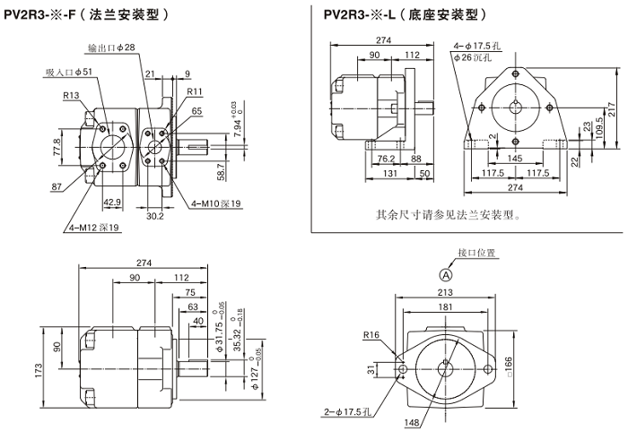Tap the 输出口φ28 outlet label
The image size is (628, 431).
(x=112, y=47)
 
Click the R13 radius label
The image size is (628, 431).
(x=71, y=96)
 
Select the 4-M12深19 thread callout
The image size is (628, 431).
(x=94, y=226)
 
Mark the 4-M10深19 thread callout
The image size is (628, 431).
(x=215, y=203)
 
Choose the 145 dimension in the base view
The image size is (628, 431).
(x=514, y=158)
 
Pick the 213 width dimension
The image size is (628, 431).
(x=445, y=292)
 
